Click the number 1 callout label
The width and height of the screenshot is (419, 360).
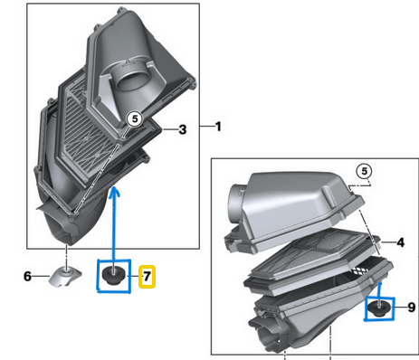[x=217, y=124]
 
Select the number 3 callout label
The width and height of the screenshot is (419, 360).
[x=182, y=130]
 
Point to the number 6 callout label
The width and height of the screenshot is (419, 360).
[x=27, y=276]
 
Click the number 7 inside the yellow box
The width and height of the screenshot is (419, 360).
[x=148, y=276]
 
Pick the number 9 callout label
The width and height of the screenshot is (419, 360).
[x=410, y=308]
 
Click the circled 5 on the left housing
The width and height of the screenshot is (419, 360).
[x=133, y=117]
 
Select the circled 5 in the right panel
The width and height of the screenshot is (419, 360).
[x=364, y=171]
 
